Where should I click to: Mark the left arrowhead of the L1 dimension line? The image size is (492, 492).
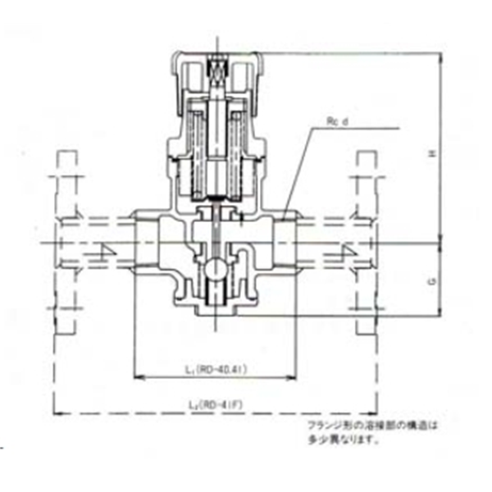click(137, 377)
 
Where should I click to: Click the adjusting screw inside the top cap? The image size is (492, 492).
click(217, 71)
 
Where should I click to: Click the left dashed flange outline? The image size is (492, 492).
click(67, 244)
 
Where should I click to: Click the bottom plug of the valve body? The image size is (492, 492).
click(215, 310)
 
